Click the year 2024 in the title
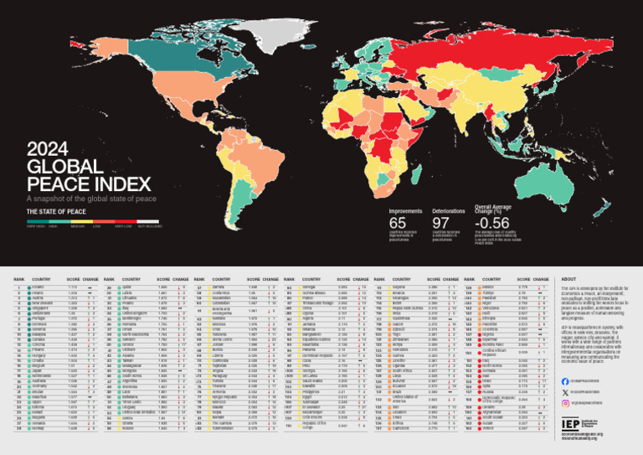(x=48, y=151)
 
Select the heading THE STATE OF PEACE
(x=56, y=212)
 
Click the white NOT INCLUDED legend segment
(x=150, y=221)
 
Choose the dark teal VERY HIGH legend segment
(x=37, y=221)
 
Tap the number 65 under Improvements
(x=399, y=223)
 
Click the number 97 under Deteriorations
(x=441, y=223)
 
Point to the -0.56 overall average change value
(x=491, y=223)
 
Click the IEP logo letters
(x=571, y=424)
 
